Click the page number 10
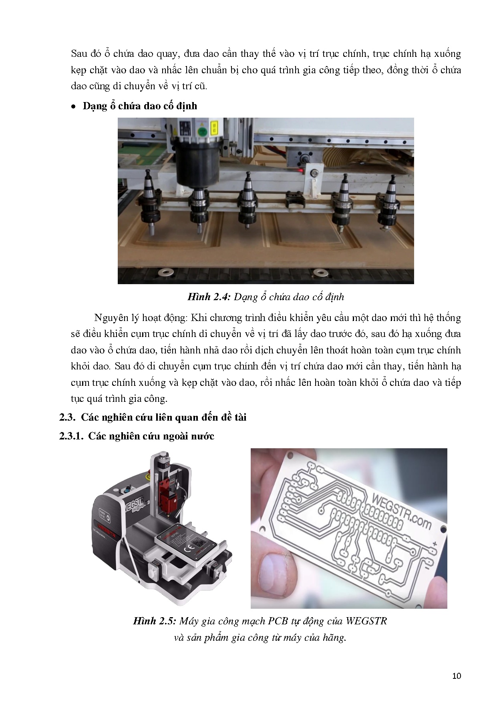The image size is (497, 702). pyautogui.click(x=457, y=676)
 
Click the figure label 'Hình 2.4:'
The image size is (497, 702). pyautogui.click(x=209, y=297)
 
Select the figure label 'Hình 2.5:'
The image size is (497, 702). pyautogui.click(x=155, y=621)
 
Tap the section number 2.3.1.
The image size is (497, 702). pyautogui.click(x=71, y=436)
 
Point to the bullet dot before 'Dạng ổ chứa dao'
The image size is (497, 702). pyautogui.click(x=73, y=107)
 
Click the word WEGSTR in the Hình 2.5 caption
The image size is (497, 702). pyautogui.click(x=366, y=621)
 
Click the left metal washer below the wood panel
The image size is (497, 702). pyautogui.click(x=164, y=273)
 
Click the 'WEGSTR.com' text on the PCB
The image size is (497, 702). pyautogui.click(x=401, y=512)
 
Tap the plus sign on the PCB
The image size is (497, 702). pyautogui.click(x=435, y=544)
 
